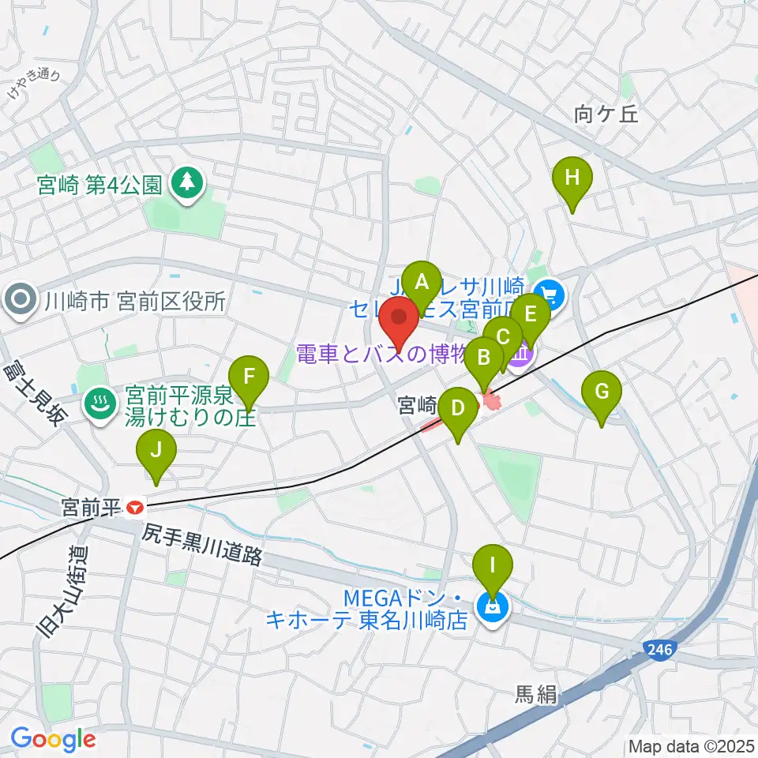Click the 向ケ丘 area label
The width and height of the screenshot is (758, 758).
coord(606,115)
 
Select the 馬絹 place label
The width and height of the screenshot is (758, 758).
coord(536,695)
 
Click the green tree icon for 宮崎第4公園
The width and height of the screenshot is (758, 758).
coord(189,184)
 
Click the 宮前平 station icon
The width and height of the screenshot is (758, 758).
coord(136,506)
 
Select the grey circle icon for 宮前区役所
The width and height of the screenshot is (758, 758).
coord(20,300)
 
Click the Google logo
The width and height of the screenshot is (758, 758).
coord(53,740)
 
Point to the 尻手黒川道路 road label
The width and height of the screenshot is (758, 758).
coord(202,546)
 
